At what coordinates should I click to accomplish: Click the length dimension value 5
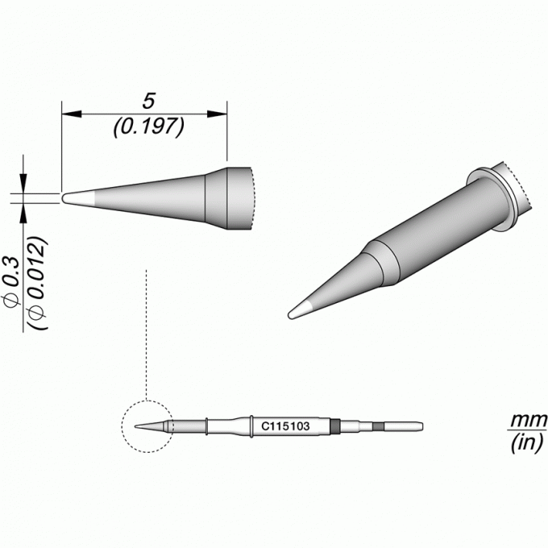(x=148, y=102)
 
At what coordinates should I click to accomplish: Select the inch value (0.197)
(x=148, y=127)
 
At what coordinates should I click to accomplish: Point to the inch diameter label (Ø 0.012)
(x=37, y=283)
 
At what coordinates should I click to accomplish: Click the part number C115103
(x=285, y=426)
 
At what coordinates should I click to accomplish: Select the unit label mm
(x=528, y=420)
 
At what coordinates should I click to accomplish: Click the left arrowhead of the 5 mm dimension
(x=72, y=114)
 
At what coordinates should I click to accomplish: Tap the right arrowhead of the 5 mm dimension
(x=217, y=114)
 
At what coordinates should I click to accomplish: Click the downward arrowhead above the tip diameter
(x=23, y=184)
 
